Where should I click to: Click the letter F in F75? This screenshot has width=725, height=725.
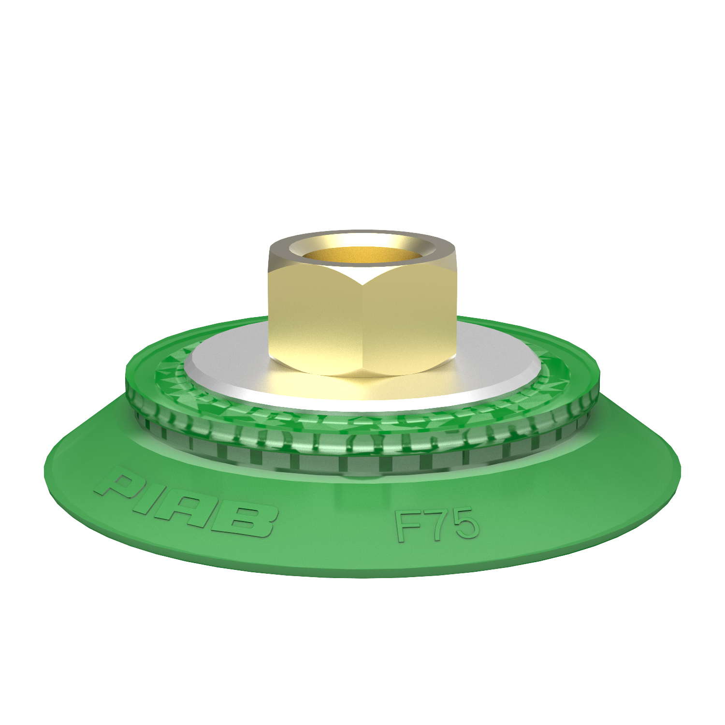(407, 527)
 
